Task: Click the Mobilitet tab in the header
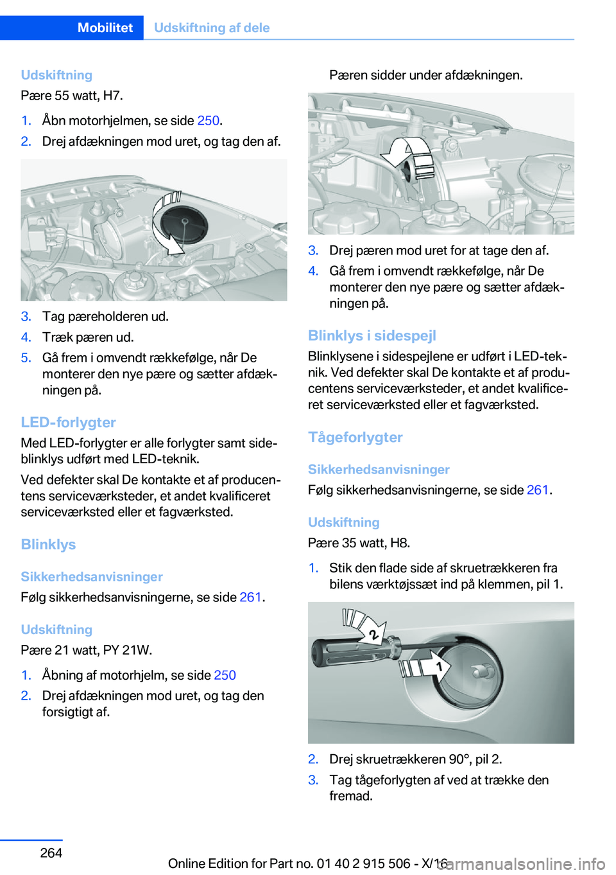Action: (x=105, y=28)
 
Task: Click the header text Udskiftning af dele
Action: (x=212, y=28)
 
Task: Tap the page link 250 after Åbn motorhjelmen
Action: (x=208, y=120)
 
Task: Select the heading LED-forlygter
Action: (x=68, y=422)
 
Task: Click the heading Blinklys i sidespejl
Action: (x=372, y=335)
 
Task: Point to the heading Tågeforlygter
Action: (x=355, y=437)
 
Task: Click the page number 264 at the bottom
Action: (x=51, y=853)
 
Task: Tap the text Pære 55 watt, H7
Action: (x=72, y=96)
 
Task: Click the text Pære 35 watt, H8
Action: (x=359, y=543)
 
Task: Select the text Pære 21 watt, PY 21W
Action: (x=86, y=650)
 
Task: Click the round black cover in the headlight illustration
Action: (x=184, y=223)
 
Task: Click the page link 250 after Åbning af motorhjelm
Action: (x=225, y=675)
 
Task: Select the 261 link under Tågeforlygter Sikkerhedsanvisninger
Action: (x=537, y=490)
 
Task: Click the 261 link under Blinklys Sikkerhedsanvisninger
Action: (x=250, y=597)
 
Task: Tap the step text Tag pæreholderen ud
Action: (x=105, y=316)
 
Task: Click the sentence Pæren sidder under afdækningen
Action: (x=425, y=75)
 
